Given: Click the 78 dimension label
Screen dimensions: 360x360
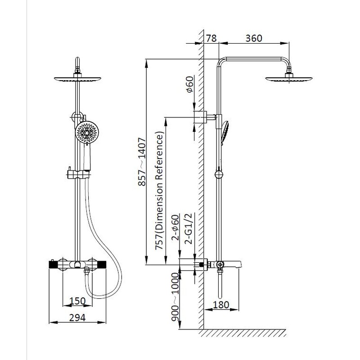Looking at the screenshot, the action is coord(211,38).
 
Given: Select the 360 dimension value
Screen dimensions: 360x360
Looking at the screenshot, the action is coord(254,38).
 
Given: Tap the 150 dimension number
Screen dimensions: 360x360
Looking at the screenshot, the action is coord(77,301).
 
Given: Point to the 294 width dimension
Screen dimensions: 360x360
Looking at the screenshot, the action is coord(77,318).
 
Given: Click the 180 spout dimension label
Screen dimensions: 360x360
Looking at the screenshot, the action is coord(221,305).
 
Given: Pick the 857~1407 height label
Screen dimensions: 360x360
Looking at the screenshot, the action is coord(142,162).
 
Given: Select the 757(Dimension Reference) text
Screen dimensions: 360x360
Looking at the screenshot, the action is coord(159,190).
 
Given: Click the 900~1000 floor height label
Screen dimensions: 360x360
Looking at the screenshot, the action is coord(175,297).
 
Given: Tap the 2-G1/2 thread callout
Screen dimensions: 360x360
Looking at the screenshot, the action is coord(188,229).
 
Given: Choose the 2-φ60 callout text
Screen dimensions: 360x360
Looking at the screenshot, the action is coord(175,227).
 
